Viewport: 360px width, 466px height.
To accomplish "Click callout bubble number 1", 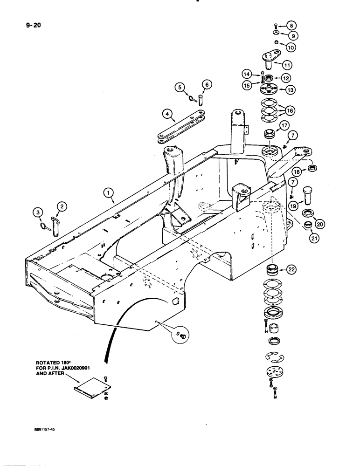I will [108, 192].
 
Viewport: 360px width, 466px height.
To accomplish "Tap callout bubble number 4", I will [153, 113].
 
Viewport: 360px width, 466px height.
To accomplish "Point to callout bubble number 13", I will [292, 89].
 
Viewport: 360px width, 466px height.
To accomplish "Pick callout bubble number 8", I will [291, 26].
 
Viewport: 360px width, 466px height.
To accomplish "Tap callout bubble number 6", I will [207, 84].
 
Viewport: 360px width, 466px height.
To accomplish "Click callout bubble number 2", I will [62, 205].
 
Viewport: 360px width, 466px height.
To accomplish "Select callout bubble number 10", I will [291, 47].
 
